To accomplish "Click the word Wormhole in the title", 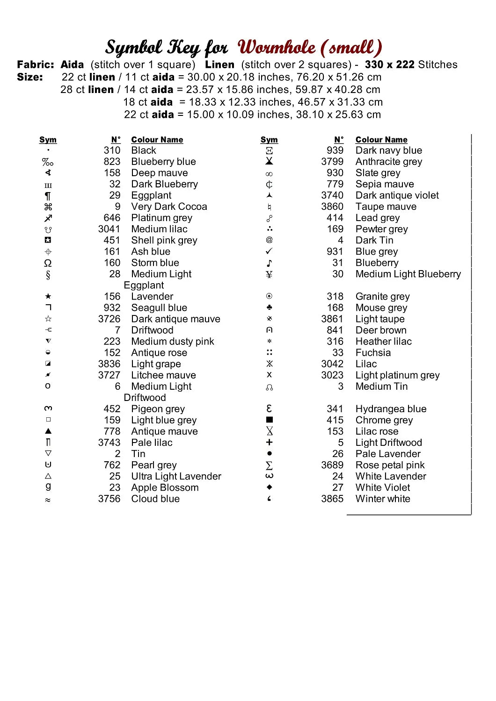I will pyautogui.click(x=277, y=48).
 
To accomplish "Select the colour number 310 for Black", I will pyautogui.click(x=112, y=150).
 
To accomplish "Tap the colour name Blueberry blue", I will pyautogui.click(x=163, y=162).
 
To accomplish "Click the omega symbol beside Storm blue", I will pyautogui.click(x=48, y=263).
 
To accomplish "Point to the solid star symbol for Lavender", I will pyautogui.click(x=48, y=296).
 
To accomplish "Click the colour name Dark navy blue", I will pyautogui.click(x=388, y=150).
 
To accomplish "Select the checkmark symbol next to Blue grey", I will pyautogui.click(x=269, y=251).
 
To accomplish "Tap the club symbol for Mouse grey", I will pyautogui.click(x=269, y=308).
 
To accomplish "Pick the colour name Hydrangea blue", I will pyautogui.click(x=391, y=409).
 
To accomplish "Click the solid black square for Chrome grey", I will pyautogui.click(x=269, y=420).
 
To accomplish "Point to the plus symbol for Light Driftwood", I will pyautogui.click(x=269, y=443).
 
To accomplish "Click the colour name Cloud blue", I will pyautogui.click(x=155, y=499).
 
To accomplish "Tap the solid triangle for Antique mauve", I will pyautogui.click(x=48, y=431).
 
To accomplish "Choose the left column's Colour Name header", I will pyautogui.click(x=157, y=140).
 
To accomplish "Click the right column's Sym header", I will pyautogui.click(x=269, y=140).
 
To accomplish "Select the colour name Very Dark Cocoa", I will pyautogui.click(x=169, y=207).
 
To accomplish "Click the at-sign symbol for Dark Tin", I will pyautogui.click(x=269, y=240).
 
